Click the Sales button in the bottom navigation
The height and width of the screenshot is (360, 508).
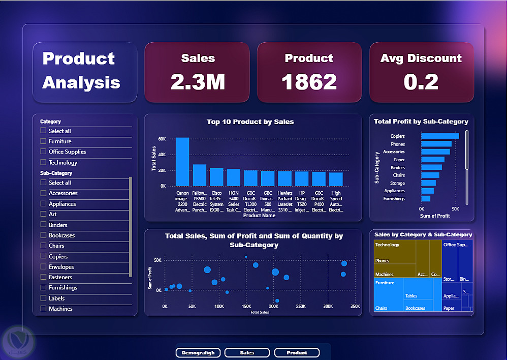click(247, 353)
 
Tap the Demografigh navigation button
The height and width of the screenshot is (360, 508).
click(198, 353)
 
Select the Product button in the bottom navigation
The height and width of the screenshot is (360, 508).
click(297, 353)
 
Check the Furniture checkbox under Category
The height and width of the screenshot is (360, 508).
click(44, 141)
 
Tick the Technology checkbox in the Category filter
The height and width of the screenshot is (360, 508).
click(44, 163)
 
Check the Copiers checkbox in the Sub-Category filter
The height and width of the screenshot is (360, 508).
click(44, 257)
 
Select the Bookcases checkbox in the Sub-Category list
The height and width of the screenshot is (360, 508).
click(44, 235)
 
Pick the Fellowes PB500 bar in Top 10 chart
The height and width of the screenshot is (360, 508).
click(200, 175)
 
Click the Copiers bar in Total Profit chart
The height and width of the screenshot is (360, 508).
click(440, 136)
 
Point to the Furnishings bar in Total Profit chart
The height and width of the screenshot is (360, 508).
click(426, 199)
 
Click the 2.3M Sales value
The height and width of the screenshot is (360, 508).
click(198, 82)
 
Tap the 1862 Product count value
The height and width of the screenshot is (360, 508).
click(309, 82)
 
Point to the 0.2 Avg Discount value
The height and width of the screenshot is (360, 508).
click(421, 82)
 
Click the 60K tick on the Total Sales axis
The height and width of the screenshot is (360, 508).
click(162, 139)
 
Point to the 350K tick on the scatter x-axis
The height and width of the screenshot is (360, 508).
click(355, 307)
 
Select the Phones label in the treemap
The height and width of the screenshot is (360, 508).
click(383, 261)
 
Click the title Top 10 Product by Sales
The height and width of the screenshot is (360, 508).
click(250, 122)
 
